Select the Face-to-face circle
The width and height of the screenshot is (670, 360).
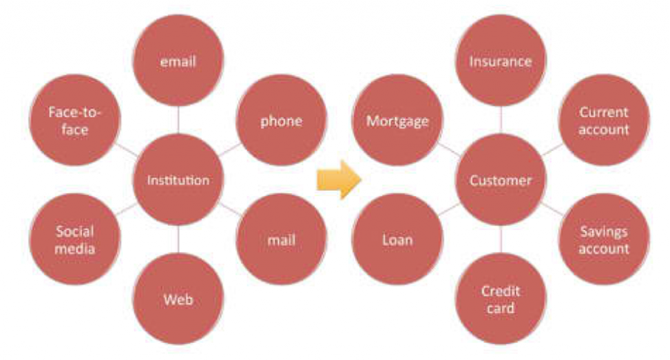click(x=75, y=120)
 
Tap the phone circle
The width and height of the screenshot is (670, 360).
click(x=282, y=120)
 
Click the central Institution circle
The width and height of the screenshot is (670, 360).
click(x=178, y=180)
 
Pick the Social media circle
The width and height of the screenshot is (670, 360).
click(x=75, y=239)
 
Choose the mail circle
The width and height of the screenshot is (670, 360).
click(x=282, y=239)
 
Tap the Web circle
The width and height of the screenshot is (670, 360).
click(x=178, y=299)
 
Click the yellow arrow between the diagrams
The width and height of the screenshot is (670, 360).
click(x=339, y=180)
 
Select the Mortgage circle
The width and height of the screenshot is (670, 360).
click(x=397, y=120)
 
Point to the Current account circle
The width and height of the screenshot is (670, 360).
click(x=604, y=120)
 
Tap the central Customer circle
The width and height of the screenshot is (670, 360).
click(x=501, y=180)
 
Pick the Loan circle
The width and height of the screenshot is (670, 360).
click(x=397, y=239)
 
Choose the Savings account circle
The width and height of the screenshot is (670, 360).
click(x=604, y=239)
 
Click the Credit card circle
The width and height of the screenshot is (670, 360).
click(x=501, y=299)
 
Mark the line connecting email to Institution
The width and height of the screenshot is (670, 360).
click(x=178, y=120)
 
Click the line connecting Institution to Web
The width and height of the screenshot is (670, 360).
click(x=178, y=239)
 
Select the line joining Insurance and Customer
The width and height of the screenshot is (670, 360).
click(x=501, y=120)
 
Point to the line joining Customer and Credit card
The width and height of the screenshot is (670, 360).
click(x=501, y=239)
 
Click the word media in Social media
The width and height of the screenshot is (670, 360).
click(x=75, y=248)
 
